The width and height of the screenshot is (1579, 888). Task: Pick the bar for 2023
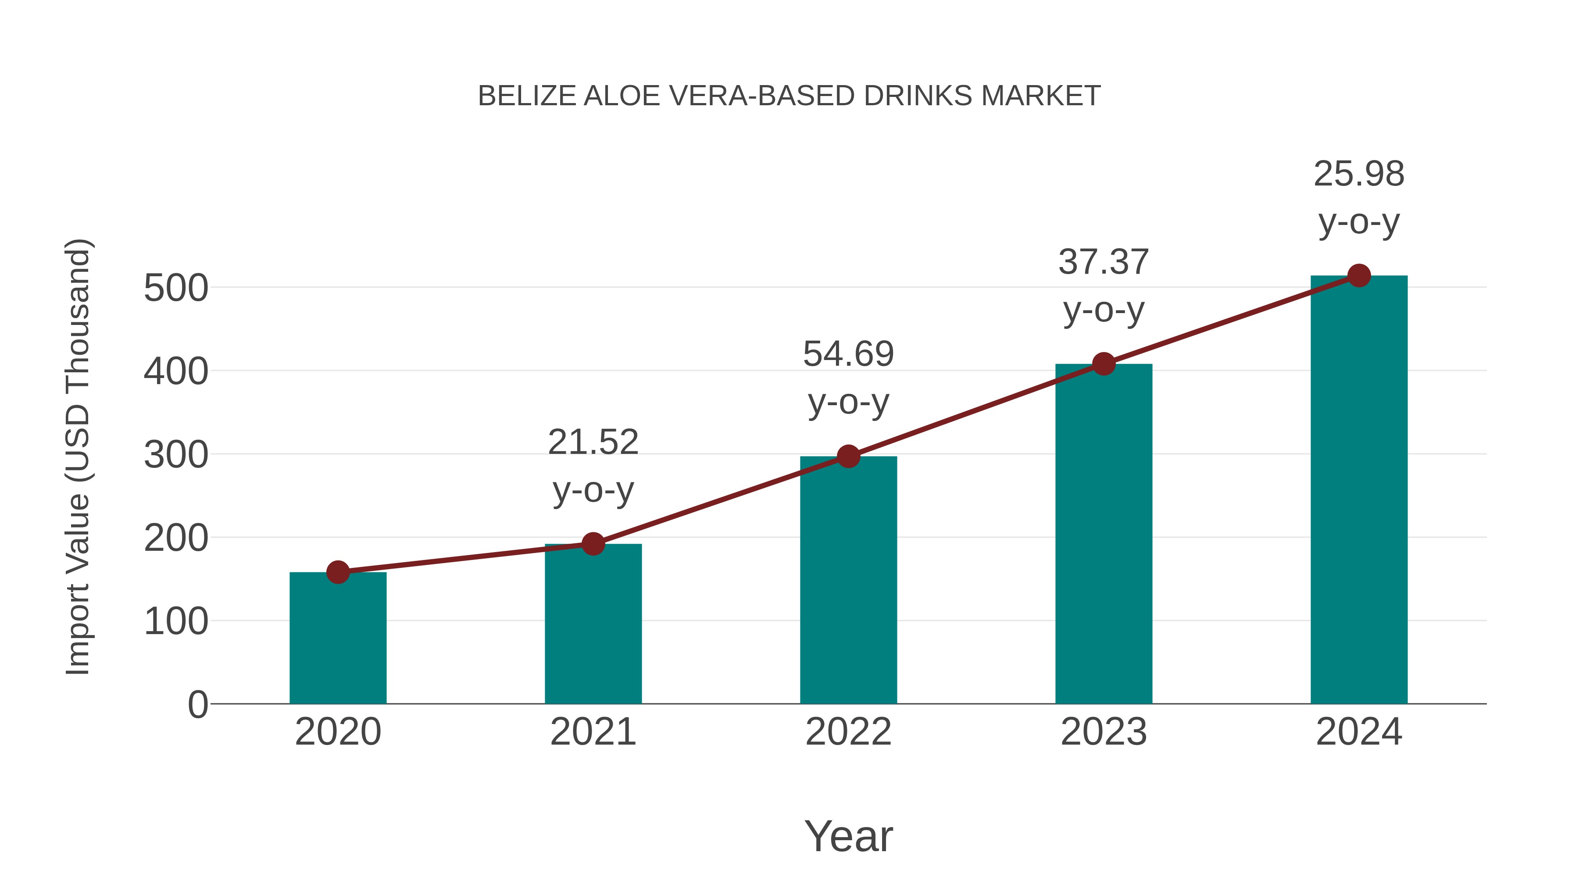1104,533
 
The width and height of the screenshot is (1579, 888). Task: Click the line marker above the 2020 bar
338,572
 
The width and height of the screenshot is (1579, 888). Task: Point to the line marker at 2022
848,456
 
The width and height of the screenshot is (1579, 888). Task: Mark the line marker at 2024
1359,276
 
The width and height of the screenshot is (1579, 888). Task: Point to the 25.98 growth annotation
1359,197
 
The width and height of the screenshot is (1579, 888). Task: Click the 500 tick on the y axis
176,288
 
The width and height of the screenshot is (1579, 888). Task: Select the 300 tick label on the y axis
176,455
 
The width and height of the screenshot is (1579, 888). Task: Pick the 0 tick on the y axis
198,704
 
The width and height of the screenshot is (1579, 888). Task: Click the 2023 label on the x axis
1104,732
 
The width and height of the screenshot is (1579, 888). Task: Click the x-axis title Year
848,836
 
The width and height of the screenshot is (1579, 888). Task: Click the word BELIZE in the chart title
526,96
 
